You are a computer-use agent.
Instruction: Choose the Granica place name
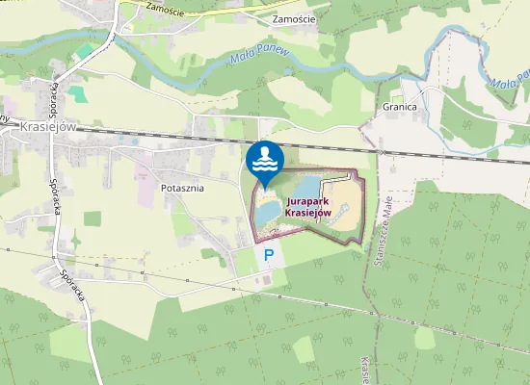coord(399,107)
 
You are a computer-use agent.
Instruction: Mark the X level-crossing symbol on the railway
coord(383,151)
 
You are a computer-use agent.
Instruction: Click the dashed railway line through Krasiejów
coord(193,136)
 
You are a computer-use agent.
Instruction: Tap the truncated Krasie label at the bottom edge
coord(366,371)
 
